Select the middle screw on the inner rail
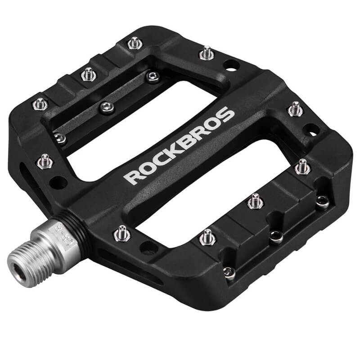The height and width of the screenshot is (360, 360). pos(106,106)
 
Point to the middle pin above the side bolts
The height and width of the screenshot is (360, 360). pos(255,200)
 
